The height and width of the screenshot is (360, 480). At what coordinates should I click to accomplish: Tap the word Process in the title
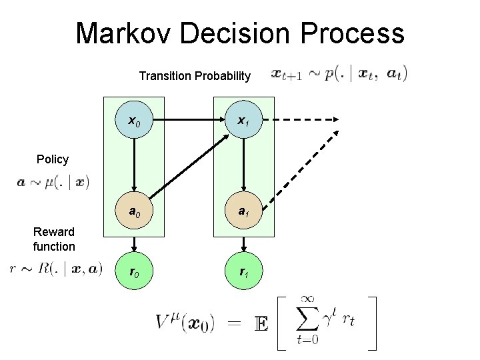(x=359, y=33)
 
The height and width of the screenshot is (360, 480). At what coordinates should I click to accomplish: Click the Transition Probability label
(x=195, y=76)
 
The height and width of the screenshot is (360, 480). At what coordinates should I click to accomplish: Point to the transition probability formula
(x=339, y=74)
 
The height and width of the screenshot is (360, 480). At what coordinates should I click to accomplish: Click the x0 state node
(x=134, y=121)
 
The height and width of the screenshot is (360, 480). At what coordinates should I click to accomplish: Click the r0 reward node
(x=134, y=273)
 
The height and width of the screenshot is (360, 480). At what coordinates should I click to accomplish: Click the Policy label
(x=53, y=159)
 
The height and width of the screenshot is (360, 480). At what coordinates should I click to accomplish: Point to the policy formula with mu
(x=53, y=181)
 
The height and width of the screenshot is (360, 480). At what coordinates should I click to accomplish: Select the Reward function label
(x=54, y=239)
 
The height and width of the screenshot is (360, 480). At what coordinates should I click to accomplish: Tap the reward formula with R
(x=57, y=269)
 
